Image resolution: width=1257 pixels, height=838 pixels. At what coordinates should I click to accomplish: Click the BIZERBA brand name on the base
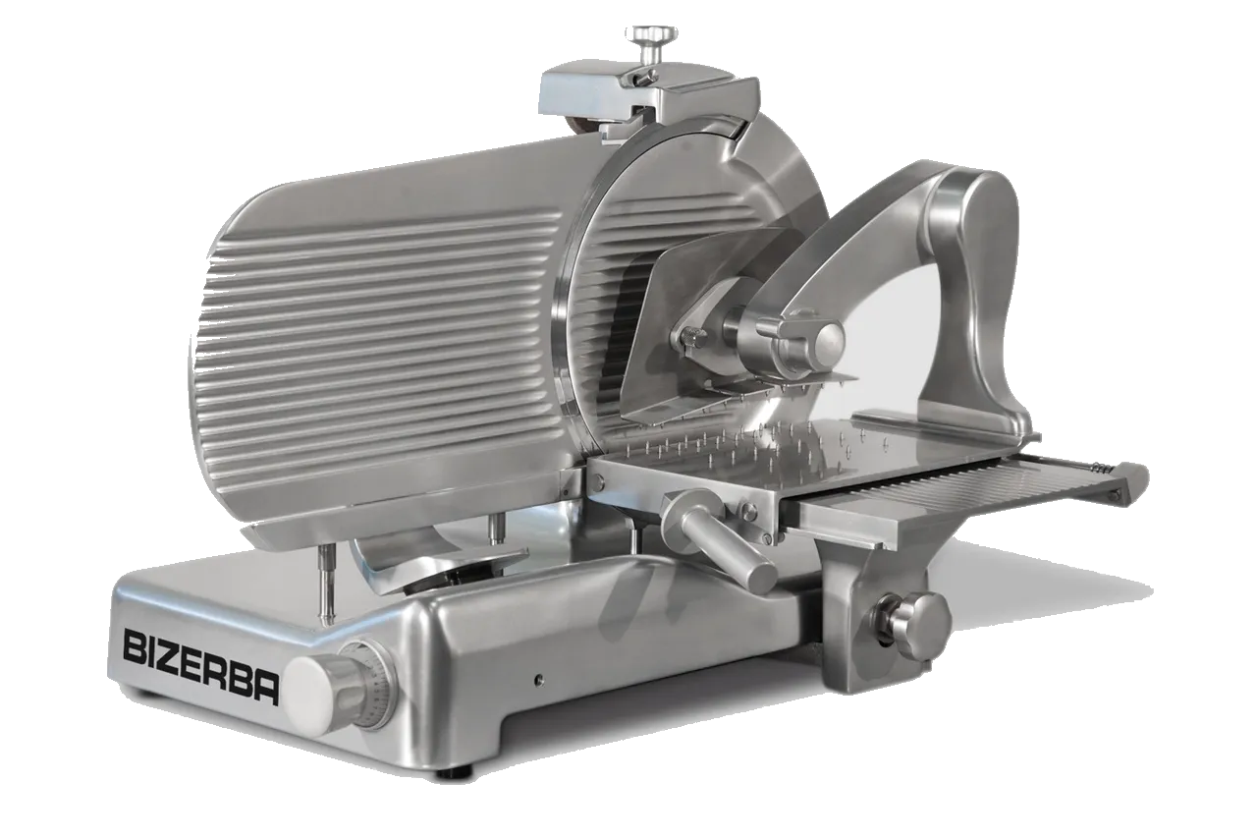click(x=200, y=667)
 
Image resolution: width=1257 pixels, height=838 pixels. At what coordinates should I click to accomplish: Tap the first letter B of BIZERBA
click(x=134, y=646)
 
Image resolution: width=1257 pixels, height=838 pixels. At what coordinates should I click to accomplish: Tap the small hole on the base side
click(x=539, y=679)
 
